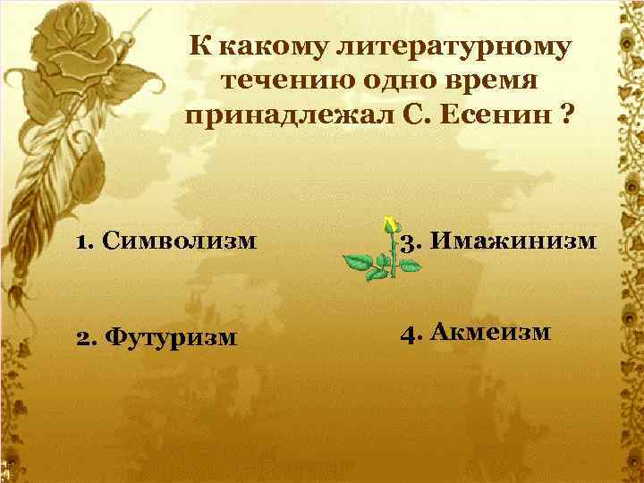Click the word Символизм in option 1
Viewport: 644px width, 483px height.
180,241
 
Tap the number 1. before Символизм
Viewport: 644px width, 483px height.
86,241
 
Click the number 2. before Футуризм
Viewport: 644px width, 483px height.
88,337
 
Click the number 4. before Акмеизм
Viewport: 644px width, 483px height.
411,333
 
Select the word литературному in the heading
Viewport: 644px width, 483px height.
433,46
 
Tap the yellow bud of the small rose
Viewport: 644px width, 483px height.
389,225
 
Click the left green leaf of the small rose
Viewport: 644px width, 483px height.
359,263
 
